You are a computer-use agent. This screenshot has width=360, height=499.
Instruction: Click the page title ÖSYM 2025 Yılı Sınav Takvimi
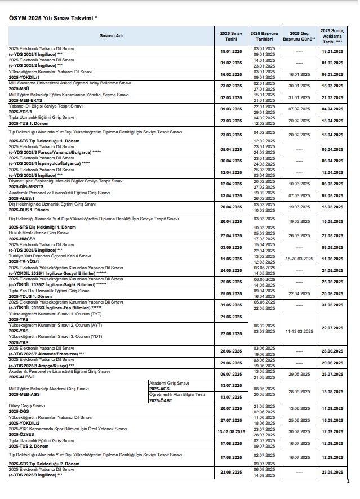pos(53,19)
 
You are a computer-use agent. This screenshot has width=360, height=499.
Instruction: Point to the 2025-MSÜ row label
pos(20,88)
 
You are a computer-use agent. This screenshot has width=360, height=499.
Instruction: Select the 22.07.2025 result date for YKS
pos(332,328)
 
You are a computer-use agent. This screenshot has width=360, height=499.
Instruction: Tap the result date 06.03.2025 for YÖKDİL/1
pos(332,74)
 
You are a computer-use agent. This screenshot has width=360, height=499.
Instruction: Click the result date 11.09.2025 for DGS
pos(332,408)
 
